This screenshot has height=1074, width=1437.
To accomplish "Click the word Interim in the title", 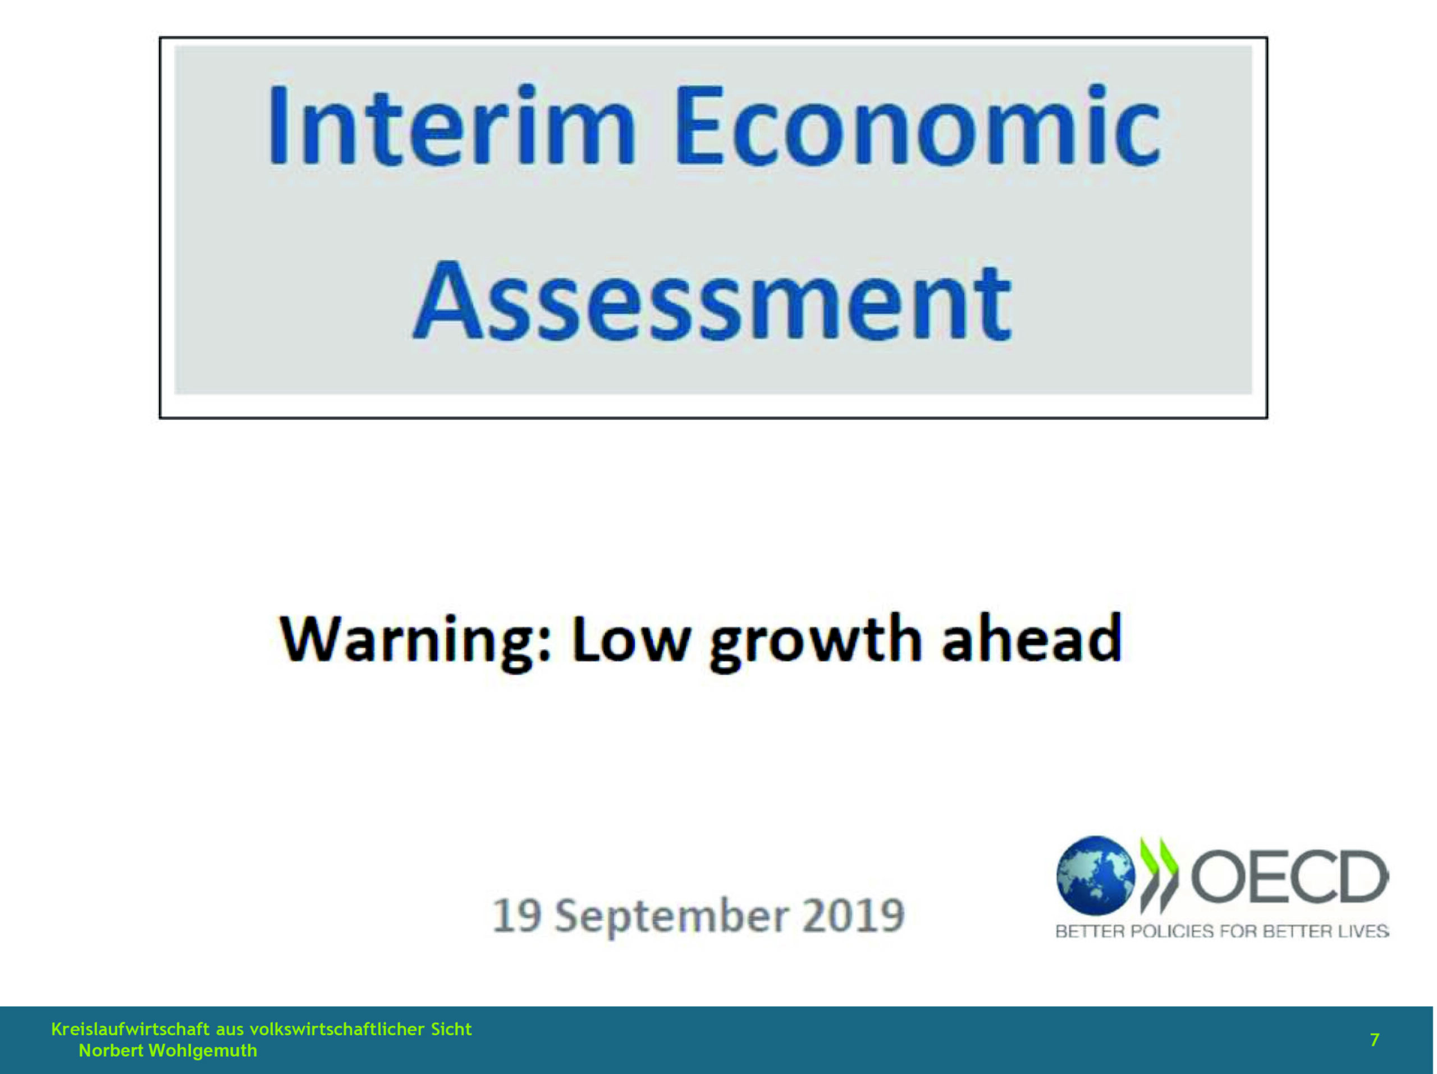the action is pyautogui.click(x=452, y=125).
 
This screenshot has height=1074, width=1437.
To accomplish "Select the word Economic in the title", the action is pyautogui.click(x=917, y=125).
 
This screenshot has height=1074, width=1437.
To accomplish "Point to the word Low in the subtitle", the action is pyautogui.click(x=630, y=639).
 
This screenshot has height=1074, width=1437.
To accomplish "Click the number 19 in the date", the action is pyautogui.click(x=517, y=916).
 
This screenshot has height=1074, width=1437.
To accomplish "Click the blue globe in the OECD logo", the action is pyautogui.click(x=1096, y=875).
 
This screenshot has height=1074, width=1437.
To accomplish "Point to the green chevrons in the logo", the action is pyautogui.click(x=1159, y=875).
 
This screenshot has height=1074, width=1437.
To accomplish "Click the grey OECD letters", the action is pyautogui.click(x=1289, y=876).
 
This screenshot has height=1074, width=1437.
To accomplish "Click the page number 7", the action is pyautogui.click(x=1375, y=1040).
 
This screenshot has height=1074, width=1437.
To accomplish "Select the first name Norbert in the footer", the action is pyautogui.click(x=111, y=1050).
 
